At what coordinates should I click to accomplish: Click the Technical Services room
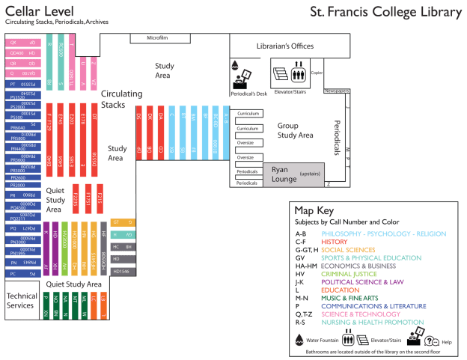click(x=21, y=301)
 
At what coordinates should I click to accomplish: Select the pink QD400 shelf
click(x=22, y=54)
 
